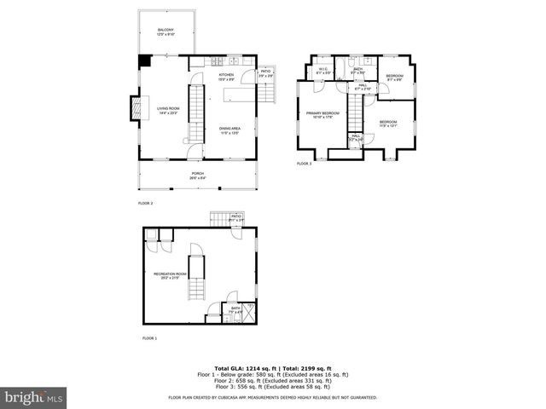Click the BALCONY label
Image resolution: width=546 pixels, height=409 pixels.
[165, 32]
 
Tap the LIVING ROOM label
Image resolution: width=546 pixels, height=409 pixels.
[167, 110]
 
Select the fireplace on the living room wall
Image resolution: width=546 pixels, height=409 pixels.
[134, 107]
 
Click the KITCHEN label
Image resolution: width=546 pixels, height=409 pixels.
[226, 77]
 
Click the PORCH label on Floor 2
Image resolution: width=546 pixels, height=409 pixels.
[197, 175]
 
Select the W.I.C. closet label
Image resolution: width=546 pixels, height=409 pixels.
[322, 72]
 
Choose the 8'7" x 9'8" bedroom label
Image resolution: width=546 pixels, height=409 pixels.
[393, 78]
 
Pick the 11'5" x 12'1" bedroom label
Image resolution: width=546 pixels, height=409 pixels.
[388, 124]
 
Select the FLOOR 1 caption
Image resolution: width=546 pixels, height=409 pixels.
[149, 339]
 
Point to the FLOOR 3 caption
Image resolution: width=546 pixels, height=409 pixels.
[304, 163]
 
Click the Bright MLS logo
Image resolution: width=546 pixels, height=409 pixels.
[34, 396]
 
